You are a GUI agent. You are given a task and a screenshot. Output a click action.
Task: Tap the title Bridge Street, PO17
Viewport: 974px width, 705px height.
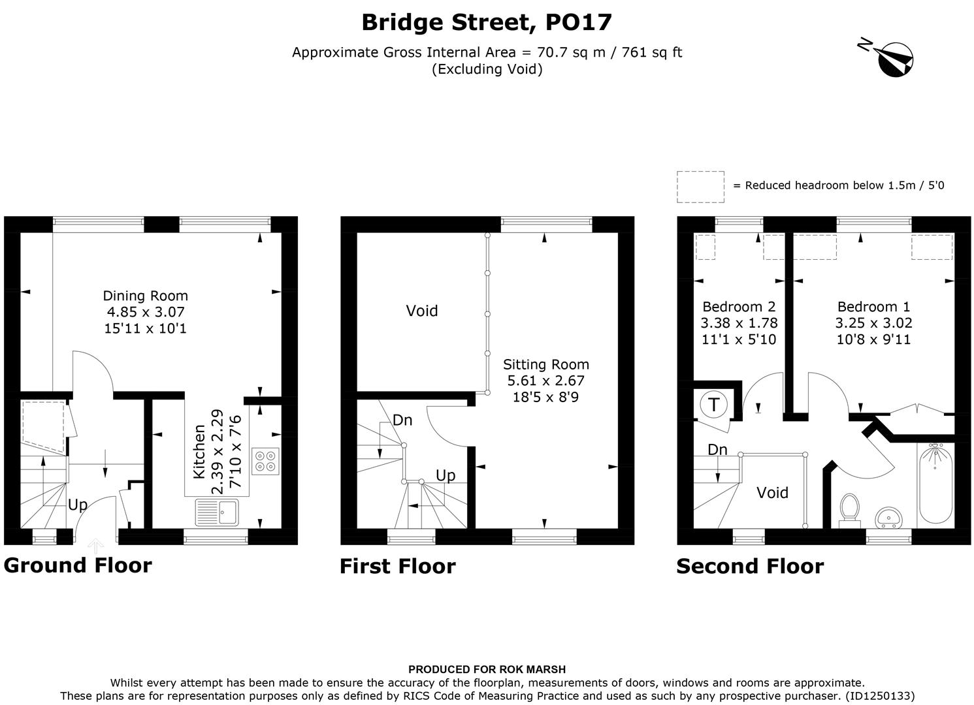click(487, 22)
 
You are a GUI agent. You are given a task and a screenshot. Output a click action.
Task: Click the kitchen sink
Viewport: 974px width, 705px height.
click(218, 512)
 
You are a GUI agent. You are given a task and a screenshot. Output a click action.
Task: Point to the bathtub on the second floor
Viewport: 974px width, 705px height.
click(936, 484)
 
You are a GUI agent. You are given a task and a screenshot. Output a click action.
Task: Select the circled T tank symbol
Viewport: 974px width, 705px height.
click(713, 405)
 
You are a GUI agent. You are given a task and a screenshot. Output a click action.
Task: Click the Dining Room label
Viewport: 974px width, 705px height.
click(146, 296)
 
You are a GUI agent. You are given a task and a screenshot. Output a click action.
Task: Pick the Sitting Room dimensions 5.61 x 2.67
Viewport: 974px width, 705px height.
click(546, 381)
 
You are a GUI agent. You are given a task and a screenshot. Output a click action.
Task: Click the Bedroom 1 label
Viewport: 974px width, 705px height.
click(873, 307)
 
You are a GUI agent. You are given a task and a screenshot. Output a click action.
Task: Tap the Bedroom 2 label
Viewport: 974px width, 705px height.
click(739, 307)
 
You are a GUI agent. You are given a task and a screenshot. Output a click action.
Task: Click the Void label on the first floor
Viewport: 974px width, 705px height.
click(422, 311)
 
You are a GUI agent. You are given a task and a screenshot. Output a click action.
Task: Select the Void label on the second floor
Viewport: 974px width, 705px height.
click(772, 493)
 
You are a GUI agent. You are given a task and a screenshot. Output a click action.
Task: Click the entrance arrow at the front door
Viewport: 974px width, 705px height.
click(96, 546)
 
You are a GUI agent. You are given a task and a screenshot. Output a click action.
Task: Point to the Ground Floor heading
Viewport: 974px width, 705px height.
click(78, 565)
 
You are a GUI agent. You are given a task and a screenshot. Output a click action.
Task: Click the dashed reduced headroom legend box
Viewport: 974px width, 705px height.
click(700, 187)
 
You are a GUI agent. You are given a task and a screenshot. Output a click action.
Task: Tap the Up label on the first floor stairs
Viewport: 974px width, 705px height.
click(446, 475)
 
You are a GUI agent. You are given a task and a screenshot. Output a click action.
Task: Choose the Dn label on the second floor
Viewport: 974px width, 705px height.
click(717, 450)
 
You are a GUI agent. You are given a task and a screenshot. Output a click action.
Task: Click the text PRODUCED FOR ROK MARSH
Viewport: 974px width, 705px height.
click(487, 669)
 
